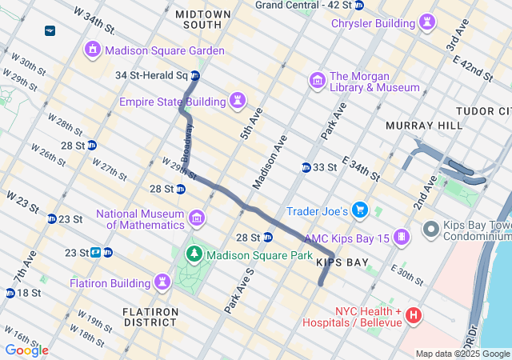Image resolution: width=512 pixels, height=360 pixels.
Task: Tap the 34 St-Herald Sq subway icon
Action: (x=194, y=76)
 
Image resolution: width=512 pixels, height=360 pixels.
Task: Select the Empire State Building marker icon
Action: (x=238, y=101)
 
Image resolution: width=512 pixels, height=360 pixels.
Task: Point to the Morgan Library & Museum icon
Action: (x=317, y=81)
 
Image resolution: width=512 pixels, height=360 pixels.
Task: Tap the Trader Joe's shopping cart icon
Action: (x=360, y=211)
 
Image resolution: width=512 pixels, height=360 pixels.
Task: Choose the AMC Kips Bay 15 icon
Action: (x=401, y=238)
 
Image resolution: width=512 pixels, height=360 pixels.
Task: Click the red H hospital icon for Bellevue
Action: (x=414, y=316)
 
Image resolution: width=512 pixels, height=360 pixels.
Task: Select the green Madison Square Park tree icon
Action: (x=194, y=255)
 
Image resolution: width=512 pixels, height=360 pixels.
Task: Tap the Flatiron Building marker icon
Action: (x=162, y=282)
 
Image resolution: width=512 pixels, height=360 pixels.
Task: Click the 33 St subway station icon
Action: (x=306, y=167)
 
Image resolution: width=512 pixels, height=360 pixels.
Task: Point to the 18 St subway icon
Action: (x=10, y=293)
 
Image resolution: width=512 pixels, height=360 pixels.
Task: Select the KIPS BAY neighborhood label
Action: (x=342, y=262)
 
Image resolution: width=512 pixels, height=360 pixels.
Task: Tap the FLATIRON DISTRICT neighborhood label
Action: (x=150, y=316)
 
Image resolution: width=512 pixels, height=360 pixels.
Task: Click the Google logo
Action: (x=26, y=350)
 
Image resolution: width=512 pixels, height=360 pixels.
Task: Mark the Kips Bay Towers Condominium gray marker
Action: (x=430, y=230)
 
